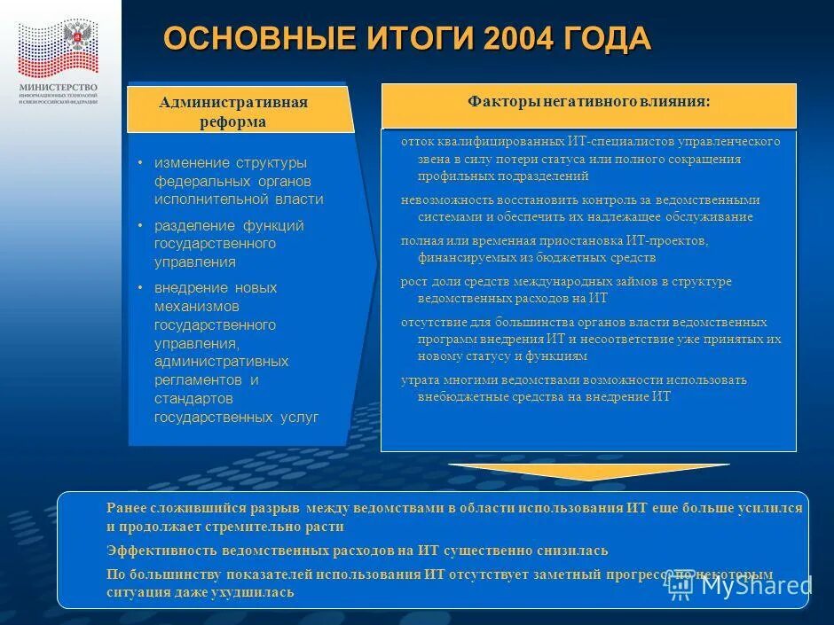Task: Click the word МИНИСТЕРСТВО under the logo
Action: [59, 87]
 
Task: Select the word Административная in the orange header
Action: [233, 102]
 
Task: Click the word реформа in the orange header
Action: [233, 122]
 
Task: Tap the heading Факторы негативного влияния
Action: [588, 102]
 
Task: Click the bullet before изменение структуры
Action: [140, 164]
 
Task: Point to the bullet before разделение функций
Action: [140, 226]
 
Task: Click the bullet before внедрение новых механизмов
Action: [140, 288]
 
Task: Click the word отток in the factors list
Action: [416, 142]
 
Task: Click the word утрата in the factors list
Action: [418, 380]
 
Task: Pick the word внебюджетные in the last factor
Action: [460, 397]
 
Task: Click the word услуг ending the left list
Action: [300, 417]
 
